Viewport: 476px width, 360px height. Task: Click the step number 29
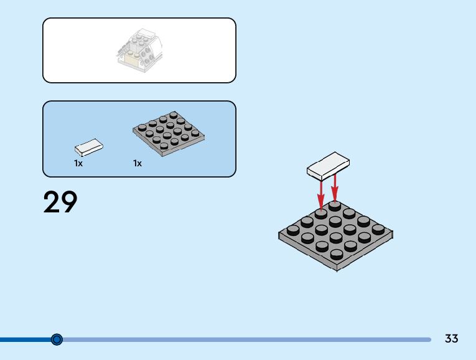pyautogui.click(x=60, y=202)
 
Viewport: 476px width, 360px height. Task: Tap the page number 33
pyautogui.click(x=452, y=339)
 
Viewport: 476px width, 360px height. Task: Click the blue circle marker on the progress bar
pyautogui.click(x=57, y=339)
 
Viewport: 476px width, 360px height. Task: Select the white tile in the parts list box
pyautogui.click(x=88, y=148)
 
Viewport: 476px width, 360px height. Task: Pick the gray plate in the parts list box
pyautogui.click(x=169, y=133)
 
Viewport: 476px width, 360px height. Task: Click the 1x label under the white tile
pyautogui.click(x=78, y=163)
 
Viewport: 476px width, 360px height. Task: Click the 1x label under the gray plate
pyautogui.click(x=137, y=163)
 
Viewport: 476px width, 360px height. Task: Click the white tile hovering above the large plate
pyautogui.click(x=328, y=164)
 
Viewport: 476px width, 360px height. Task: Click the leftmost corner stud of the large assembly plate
pyautogui.click(x=293, y=229)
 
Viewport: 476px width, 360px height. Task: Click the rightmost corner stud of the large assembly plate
pyautogui.click(x=378, y=229)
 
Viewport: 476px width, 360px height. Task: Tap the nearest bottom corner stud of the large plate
pyautogui.click(x=336, y=253)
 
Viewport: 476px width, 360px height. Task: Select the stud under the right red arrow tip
pyautogui.click(x=335, y=206)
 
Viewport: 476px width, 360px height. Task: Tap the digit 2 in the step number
pyautogui.click(x=52, y=202)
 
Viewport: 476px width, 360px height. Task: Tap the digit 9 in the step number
pyautogui.click(x=69, y=202)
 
